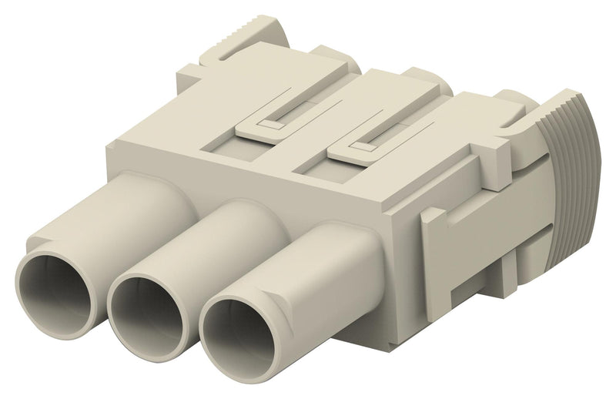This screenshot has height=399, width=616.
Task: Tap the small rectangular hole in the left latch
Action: click(x=266, y=123)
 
